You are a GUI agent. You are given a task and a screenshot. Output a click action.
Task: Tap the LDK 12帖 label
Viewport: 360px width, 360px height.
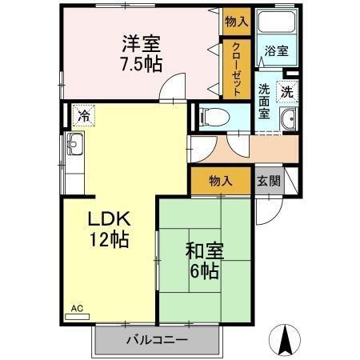(109, 228)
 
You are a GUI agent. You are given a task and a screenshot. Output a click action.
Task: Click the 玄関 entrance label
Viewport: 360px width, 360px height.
(269, 180)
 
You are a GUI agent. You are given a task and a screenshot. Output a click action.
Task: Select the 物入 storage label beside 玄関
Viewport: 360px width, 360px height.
(220, 181)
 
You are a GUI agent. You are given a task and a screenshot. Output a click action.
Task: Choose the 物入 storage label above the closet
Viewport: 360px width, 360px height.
(236, 22)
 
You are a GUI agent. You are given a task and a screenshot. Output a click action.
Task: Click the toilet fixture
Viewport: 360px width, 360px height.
(213, 117)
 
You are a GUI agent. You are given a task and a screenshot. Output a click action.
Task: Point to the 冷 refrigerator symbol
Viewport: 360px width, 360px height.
(82, 115)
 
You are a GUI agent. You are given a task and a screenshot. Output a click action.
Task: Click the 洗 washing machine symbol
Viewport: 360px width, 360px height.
(286, 91)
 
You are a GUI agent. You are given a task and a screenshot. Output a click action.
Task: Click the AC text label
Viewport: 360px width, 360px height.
(77, 306)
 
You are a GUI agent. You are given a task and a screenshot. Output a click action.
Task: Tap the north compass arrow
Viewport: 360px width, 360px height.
(284, 339)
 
